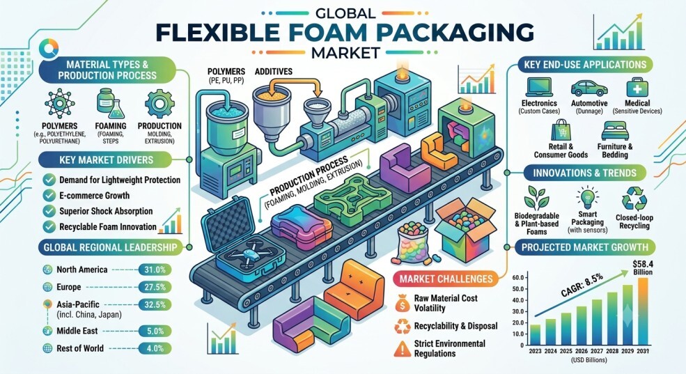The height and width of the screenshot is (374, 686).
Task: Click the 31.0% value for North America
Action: click(x=155, y=270)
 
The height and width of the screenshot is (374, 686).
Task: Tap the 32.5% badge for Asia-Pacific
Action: click(x=155, y=304)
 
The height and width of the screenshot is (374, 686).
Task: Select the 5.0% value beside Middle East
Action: click(x=155, y=331)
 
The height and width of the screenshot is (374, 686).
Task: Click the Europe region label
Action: click(x=69, y=287)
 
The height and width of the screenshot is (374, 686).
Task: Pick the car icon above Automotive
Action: click(x=589, y=88)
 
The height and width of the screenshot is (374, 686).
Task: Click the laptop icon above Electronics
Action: click(x=539, y=88)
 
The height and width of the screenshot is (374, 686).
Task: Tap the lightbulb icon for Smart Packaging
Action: click(x=587, y=198)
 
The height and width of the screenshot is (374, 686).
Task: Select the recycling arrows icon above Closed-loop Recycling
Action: click(x=634, y=199)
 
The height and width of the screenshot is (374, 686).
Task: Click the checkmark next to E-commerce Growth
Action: click(x=49, y=196)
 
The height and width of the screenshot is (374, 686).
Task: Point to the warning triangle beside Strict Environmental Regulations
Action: click(x=402, y=348)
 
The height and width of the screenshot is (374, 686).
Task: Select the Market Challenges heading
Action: click(x=446, y=279)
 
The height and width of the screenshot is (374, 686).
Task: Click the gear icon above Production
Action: click(x=159, y=103)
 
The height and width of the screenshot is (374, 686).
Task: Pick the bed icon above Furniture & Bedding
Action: click(x=615, y=131)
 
